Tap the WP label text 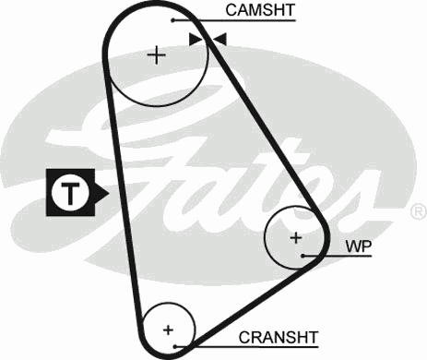358,247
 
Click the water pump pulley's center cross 296,237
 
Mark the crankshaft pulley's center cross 168,329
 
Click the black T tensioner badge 70,193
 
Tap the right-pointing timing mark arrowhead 195,39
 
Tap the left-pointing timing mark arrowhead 219,39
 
